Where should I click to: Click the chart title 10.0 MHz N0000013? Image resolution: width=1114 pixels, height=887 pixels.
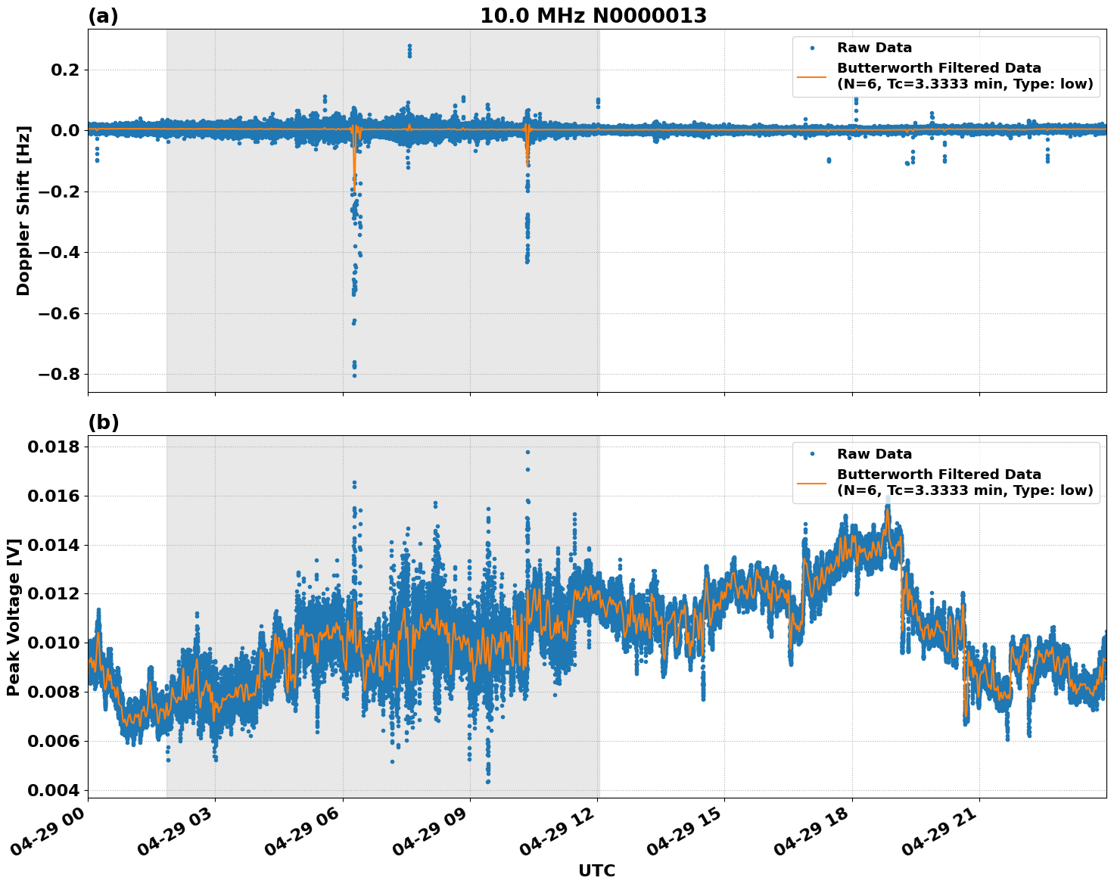click(x=593, y=16)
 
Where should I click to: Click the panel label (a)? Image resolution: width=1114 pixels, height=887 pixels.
click(x=103, y=16)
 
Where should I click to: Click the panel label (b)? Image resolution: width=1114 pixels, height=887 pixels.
click(x=103, y=422)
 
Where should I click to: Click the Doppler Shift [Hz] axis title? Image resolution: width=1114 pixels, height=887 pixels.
click(x=23, y=210)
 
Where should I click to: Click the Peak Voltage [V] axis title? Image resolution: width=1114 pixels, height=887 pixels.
click(x=14, y=617)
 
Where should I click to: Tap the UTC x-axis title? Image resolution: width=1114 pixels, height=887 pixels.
click(x=596, y=870)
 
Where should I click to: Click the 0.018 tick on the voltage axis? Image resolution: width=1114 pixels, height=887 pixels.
click(x=53, y=447)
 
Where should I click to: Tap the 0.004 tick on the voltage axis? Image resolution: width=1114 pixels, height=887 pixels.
click(x=53, y=790)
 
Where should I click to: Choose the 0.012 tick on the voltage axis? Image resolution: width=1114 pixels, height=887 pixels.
click(x=53, y=594)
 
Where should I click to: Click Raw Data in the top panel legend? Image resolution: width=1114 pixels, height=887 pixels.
click(x=874, y=48)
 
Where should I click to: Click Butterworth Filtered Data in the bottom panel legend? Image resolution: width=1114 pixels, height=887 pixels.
click(x=938, y=475)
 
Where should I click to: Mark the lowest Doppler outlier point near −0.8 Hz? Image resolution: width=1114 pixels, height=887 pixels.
click(x=354, y=375)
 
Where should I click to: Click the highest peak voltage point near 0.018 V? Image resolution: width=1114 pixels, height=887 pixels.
click(x=527, y=452)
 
